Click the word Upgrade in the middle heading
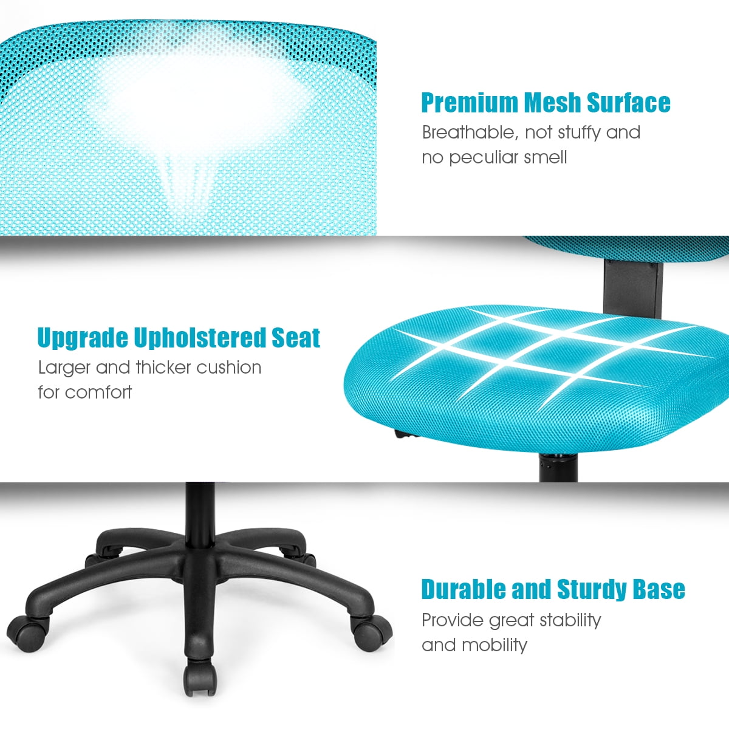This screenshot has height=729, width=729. point(83,338)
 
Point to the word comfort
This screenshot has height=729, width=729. point(98,392)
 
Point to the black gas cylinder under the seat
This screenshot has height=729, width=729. point(558,467)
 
